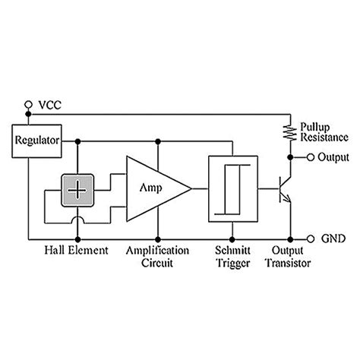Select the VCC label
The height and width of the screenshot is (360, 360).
tap(51, 102)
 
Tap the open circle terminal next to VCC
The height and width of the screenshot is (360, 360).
tap(28, 103)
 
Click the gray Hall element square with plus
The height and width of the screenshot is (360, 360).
tap(77, 186)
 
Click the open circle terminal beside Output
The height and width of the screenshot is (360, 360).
tap(310, 158)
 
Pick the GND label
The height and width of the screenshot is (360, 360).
tap(333, 237)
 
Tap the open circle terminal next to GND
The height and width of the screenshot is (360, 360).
tap(310, 237)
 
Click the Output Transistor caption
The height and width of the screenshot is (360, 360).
tap(289, 256)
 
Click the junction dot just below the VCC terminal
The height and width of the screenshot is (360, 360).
tap(28, 114)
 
